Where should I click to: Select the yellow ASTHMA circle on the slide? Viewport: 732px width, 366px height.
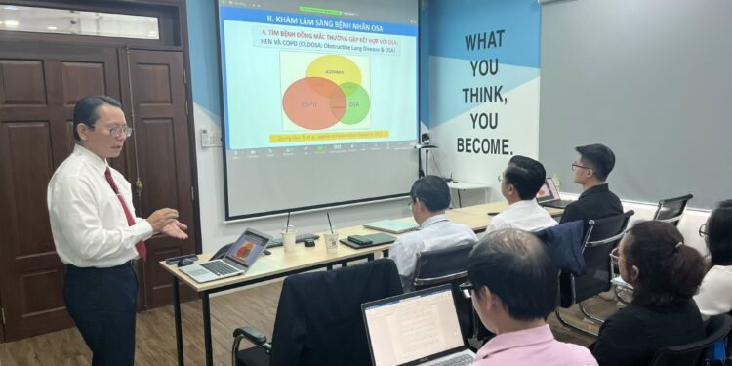[334, 71]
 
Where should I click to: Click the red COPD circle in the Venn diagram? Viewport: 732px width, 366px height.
[312, 102]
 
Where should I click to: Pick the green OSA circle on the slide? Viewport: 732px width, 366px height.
[354, 102]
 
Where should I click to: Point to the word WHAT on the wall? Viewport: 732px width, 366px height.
[485, 42]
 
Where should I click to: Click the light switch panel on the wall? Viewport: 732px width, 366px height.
[209, 139]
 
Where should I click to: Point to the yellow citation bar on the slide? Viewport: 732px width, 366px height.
[329, 136]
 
